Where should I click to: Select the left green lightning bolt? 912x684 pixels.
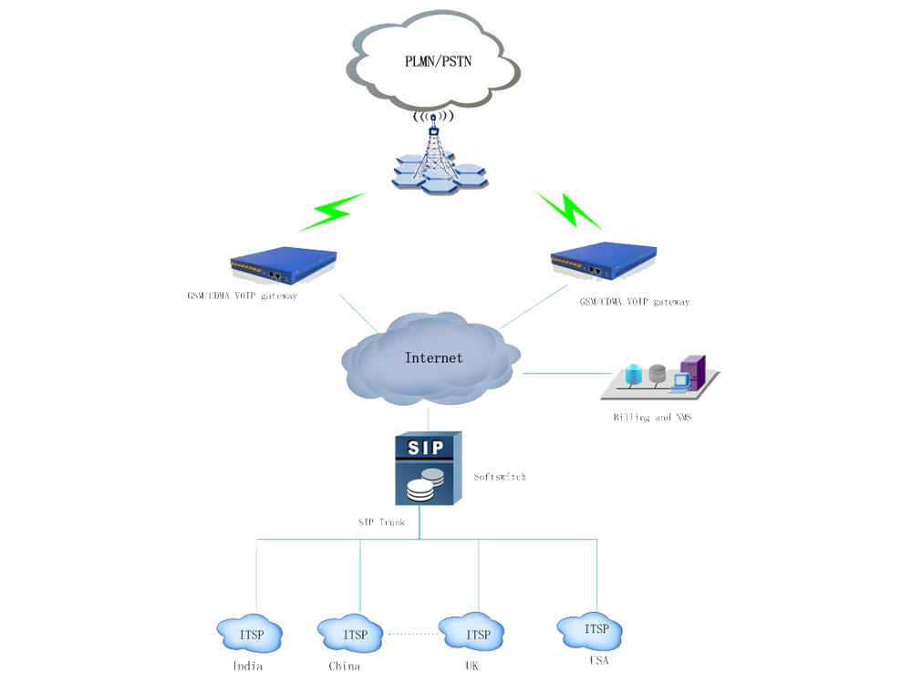pyautogui.click(x=331, y=212)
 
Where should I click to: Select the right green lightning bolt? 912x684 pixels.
pyautogui.click(x=567, y=211)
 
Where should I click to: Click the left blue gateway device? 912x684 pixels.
pyautogui.click(x=283, y=267)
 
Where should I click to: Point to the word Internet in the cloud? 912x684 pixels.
pyautogui.click(x=433, y=358)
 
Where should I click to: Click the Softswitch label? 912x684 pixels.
pyautogui.click(x=500, y=476)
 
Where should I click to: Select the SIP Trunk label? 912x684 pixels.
pyautogui.click(x=380, y=523)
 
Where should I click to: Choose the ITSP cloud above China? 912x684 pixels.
pyautogui.click(x=355, y=634)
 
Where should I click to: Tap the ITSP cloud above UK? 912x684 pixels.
pyautogui.click(x=477, y=634)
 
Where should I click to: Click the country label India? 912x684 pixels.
pyautogui.click(x=247, y=666)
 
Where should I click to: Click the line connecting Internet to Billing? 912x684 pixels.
pyautogui.click(x=565, y=373)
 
